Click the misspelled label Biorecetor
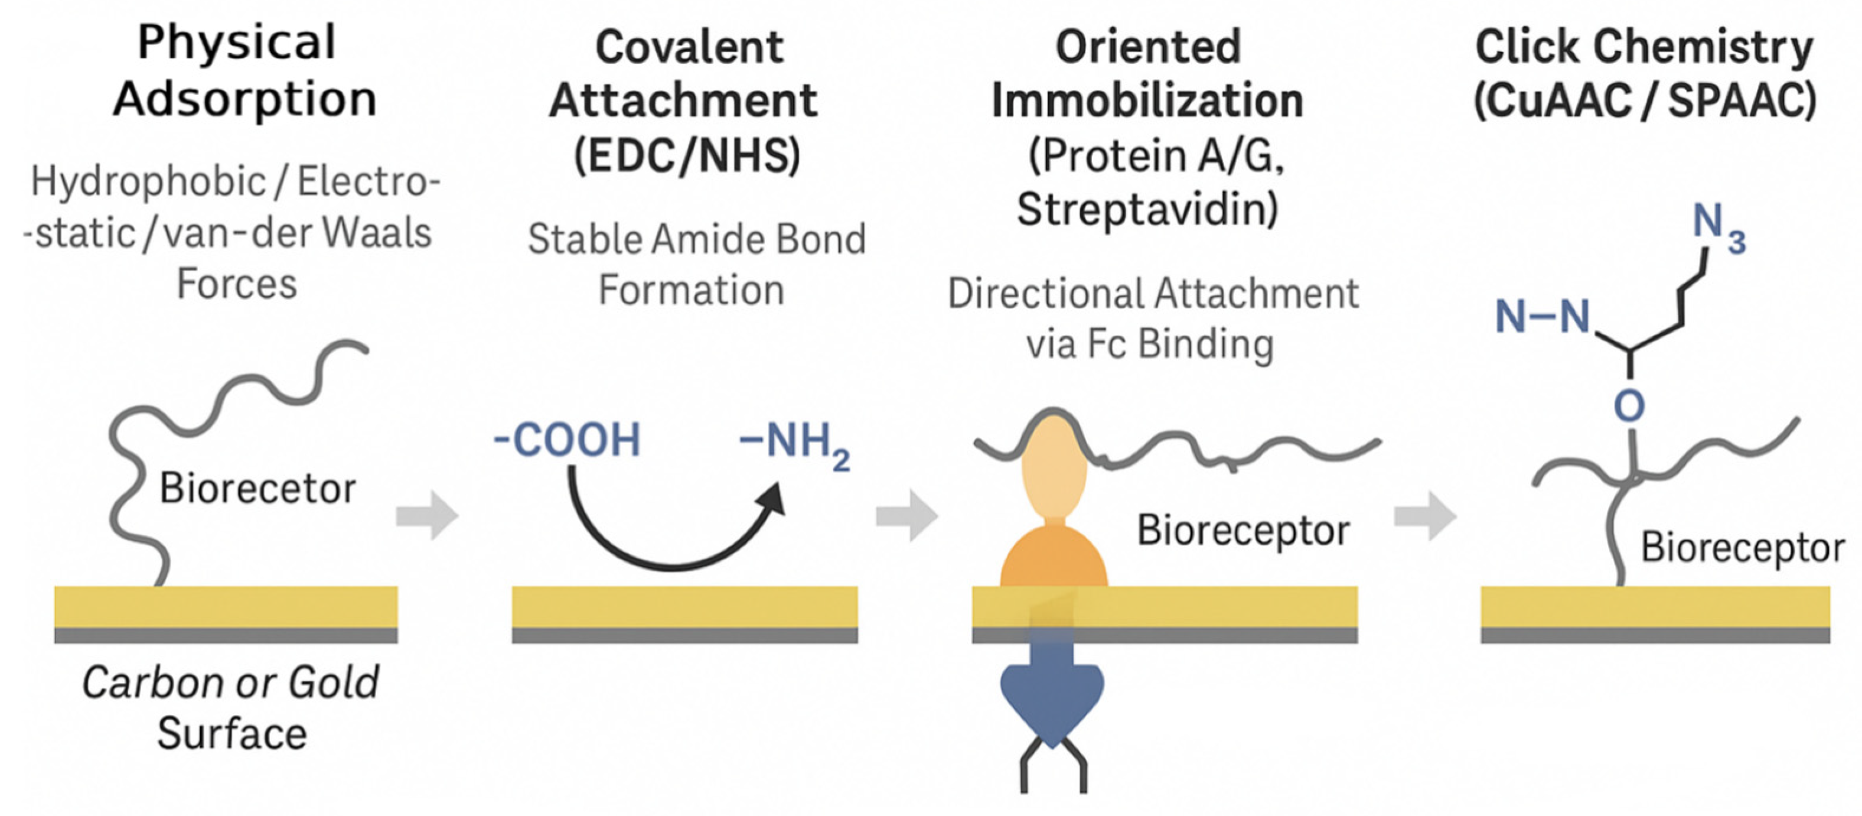click(257, 488)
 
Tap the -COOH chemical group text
click(568, 440)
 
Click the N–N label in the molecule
click(1543, 317)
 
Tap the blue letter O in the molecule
click(1629, 407)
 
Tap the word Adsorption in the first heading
click(245, 99)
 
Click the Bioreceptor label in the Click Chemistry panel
click(1742, 548)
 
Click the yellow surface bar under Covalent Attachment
click(684, 606)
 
